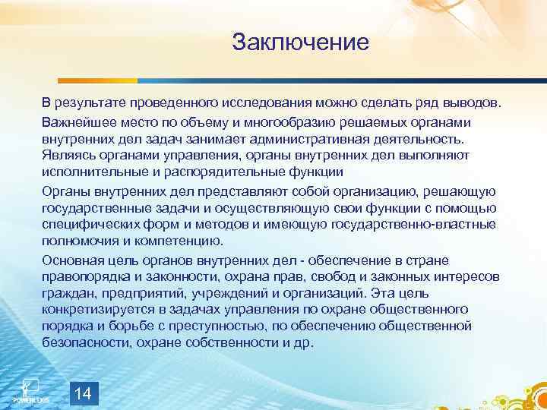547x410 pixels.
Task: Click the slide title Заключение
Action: pyautogui.click(x=300, y=41)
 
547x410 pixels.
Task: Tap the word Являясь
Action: pyautogui.click(x=67, y=155)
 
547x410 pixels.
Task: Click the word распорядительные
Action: pyautogui.click(x=229, y=172)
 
